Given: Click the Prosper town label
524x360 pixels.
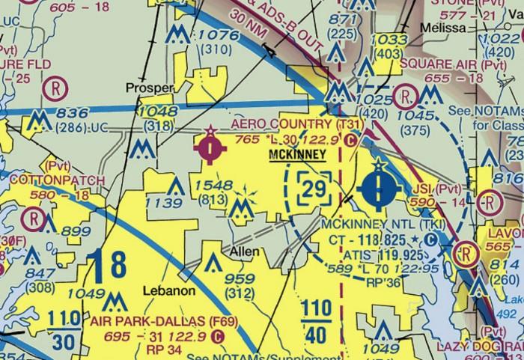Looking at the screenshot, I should click(150, 88).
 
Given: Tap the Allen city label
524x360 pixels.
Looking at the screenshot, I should click(245, 251).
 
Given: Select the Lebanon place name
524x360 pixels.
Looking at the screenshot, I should click(170, 290).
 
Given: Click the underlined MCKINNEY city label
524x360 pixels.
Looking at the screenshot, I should click(297, 155).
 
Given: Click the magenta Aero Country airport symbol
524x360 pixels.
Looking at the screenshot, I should click(212, 147).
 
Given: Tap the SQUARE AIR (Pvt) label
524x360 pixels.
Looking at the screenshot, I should click(443, 64).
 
